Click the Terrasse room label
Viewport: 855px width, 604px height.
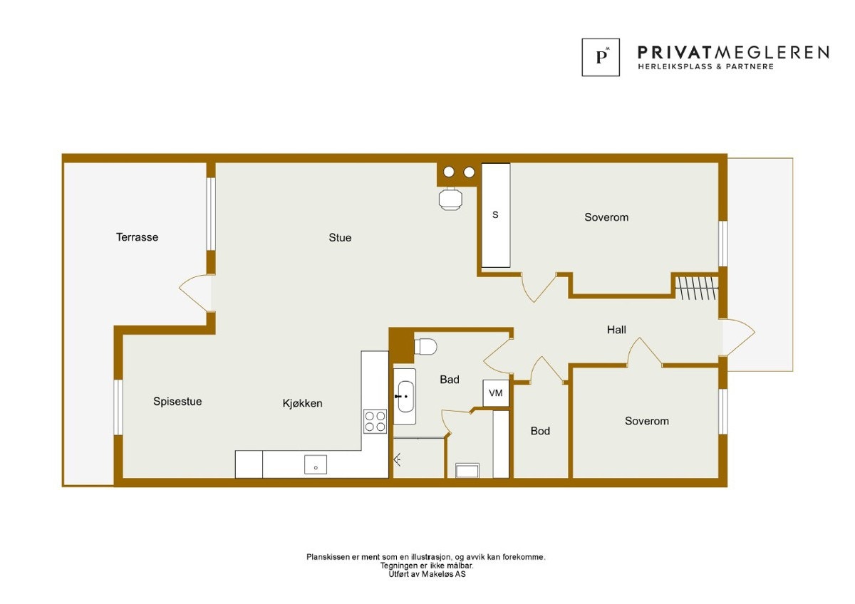[x=137, y=237]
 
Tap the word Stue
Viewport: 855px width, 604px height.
[x=340, y=238]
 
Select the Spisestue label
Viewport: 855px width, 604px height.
[x=177, y=402]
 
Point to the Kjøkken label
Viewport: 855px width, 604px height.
[x=302, y=403]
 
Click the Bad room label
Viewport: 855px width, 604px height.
[x=450, y=380]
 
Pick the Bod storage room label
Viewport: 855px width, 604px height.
[x=540, y=431]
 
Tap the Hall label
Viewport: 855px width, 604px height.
[x=616, y=330]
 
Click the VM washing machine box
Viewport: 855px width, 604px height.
[x=496, y=393]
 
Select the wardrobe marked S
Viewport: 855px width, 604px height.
[x=496, y=216]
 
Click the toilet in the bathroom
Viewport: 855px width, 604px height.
[x=425, y=346]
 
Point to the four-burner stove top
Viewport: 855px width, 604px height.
[x=375, y=421]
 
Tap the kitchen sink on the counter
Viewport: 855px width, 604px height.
[x=315, y=464]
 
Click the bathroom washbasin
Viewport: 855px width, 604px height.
[x=405, y=397]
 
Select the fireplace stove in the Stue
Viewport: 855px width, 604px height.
[x=450, y=199]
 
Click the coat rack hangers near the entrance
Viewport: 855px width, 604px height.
[x=697, y=288]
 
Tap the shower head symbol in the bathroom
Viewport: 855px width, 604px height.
[x=398, y=460]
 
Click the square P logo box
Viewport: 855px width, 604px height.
[x=601, y=57]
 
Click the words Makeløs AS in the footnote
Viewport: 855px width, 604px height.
[x=443, y=574]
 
